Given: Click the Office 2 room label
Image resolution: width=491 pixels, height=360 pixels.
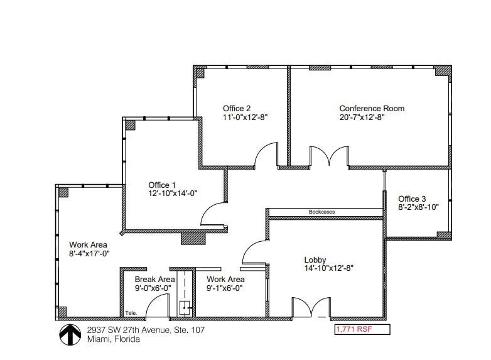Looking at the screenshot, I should click(237, 109).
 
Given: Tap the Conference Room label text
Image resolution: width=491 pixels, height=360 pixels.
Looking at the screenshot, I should click(372, 109).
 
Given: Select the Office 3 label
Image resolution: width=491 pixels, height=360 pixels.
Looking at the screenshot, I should click(413, 199).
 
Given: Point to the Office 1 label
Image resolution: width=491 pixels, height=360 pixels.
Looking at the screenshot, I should click(162, 185).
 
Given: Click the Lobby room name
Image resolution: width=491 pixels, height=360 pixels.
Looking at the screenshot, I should click(315, 259).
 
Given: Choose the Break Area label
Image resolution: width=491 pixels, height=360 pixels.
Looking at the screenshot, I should click(154, 280).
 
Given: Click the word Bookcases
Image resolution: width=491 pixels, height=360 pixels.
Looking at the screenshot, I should click(321, 212).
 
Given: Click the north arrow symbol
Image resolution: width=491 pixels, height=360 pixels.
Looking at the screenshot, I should click(68, 334).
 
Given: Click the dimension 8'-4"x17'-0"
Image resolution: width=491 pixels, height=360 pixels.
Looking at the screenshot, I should click(90, 254).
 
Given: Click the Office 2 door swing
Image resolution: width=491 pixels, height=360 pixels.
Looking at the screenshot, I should click(266, 155).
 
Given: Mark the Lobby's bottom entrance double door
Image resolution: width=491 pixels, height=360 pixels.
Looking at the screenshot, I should click(311, 307).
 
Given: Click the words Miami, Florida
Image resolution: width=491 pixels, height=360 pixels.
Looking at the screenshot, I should click(114, 339).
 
